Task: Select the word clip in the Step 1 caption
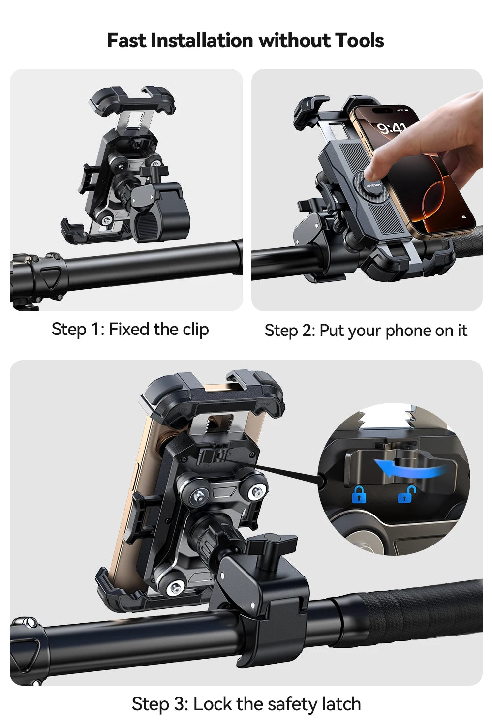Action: tap(196, 330)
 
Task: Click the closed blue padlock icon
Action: tap(359, 494)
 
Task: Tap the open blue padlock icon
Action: tap(407, 494)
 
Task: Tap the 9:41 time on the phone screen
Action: tap(392, 129)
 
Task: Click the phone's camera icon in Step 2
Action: tap(464, 217)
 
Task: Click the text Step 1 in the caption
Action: tap(76, 330)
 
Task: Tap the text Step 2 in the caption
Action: tap(289, 331)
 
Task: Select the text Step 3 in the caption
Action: tap(159, 704)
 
